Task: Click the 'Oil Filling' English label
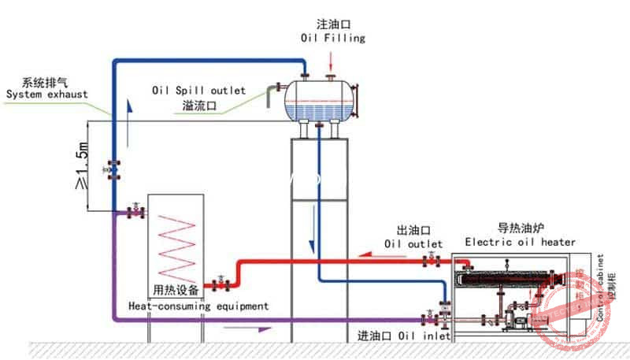coord(333,38)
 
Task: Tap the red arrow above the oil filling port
coord(332,59)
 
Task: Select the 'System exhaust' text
coord(47,95)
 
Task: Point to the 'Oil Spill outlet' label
coord(198,91)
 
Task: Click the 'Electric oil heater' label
coord(520,242)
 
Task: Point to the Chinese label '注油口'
coord(332,24)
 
